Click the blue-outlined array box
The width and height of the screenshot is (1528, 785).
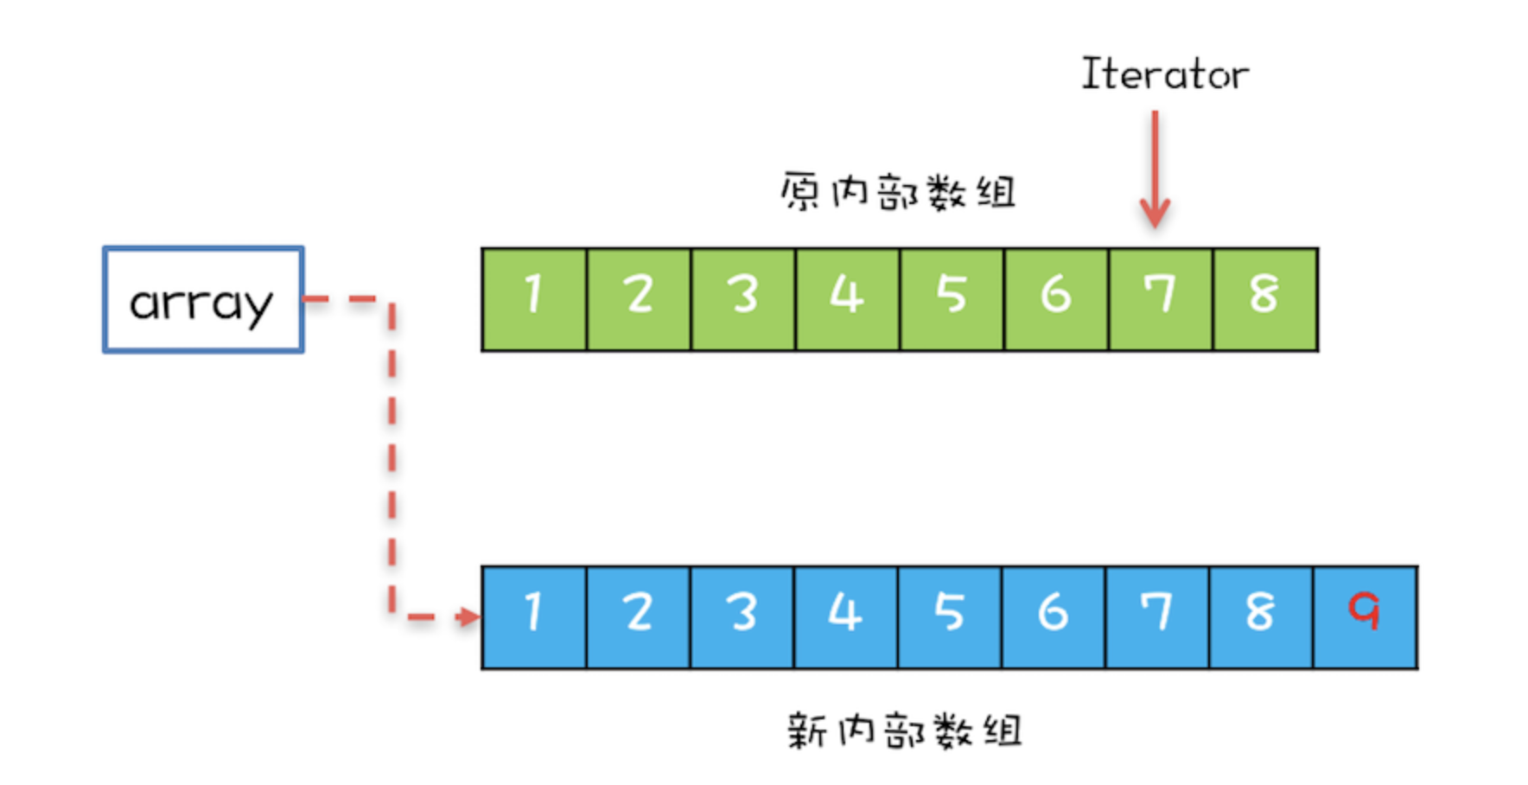(x=203, y=300)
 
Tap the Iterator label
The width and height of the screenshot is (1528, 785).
(x=1164, y=74)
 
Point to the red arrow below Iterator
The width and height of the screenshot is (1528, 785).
(x=1155, y=169)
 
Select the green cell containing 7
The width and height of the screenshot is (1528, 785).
(x=1160, y=299)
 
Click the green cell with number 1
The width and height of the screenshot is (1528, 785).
(x=534, y=299)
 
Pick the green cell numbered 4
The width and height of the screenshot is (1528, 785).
(x=847, y=299)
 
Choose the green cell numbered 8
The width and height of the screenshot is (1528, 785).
(x=1265, y=299)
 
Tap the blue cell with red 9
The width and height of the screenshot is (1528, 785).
(x=1366, y=617)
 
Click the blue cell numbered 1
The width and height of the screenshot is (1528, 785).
(x=534, y=617)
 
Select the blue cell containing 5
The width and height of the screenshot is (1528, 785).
(x=950, y=617)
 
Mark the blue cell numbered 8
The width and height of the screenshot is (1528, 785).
(x=1261, y=617)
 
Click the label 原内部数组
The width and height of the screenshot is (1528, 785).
(x=897, y=192)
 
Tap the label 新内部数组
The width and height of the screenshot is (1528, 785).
(x=904, y=731)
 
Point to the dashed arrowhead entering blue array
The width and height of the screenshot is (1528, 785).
(x=468, y=616)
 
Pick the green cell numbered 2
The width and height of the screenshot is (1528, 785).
(x=639, y=299)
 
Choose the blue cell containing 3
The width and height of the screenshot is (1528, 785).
(x=742, y=617)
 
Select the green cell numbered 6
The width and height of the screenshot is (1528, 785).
(x=1055, y=299)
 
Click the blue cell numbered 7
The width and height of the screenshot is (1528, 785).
(x=1157, y=617)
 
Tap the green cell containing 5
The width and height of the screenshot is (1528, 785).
(x=952, y=299)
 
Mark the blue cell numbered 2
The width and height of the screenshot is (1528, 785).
(x=638, y=617)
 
